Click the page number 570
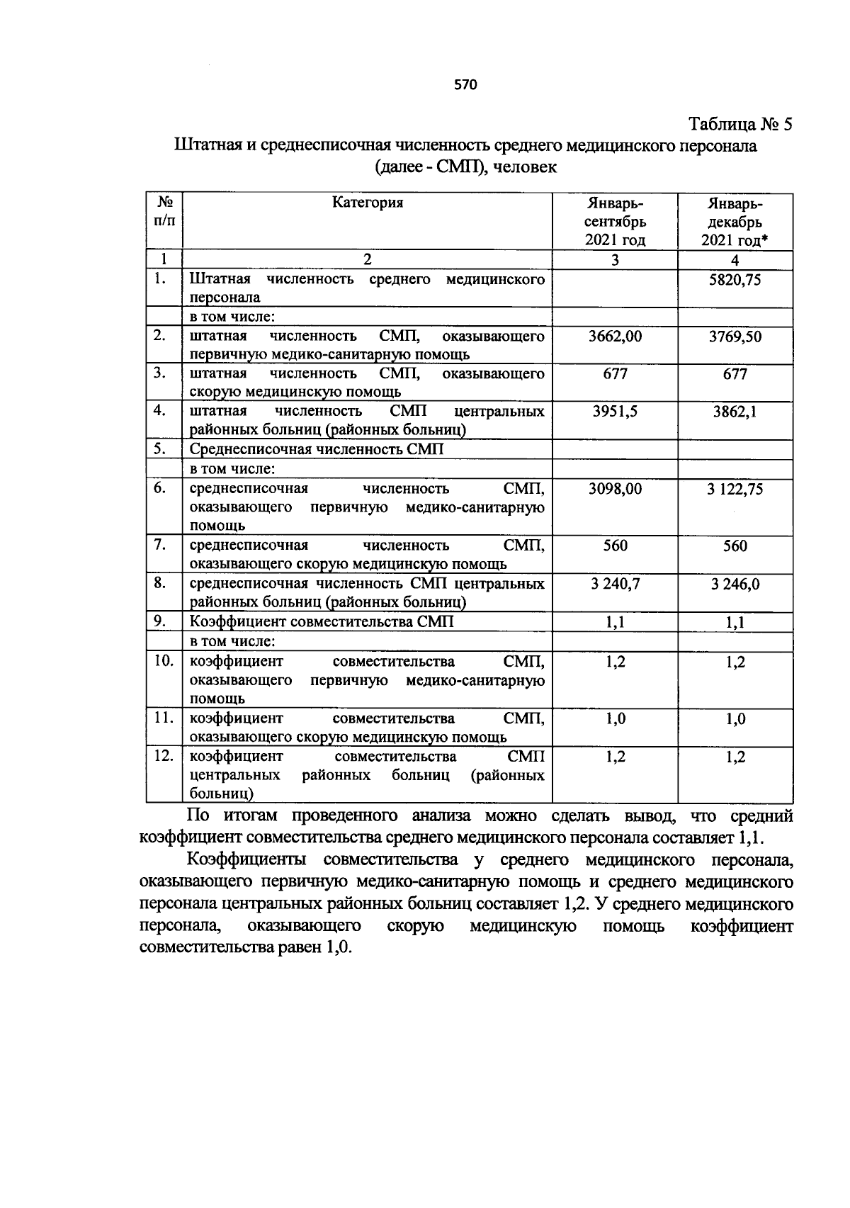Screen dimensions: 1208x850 tap(465, 85)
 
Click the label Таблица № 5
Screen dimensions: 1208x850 tap(741, 125)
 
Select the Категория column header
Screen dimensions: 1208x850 tap(367, 203)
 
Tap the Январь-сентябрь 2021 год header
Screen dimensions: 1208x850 tap(615, 221)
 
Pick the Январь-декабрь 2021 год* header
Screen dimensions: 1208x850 tap(735, 222)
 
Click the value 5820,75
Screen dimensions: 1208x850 tap(735, 280)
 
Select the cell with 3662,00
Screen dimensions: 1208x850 tap(615, 337)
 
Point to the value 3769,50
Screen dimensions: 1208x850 tap(735, 337)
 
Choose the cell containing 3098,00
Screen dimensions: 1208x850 tap(615, 489)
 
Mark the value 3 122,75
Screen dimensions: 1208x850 tap(735, 489)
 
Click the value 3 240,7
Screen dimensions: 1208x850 tap(615, 584)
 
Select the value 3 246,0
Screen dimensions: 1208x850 tap(735, 584)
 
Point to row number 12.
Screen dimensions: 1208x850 tap(164, 756)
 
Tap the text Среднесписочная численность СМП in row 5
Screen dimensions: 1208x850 tap(317, 449)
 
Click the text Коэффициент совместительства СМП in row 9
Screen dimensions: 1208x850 tap(322, 621)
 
